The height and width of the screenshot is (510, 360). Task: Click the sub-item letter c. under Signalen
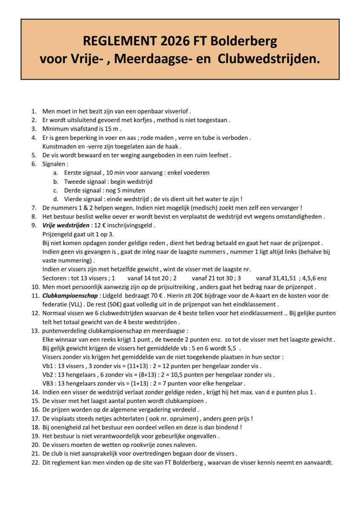[55, 190]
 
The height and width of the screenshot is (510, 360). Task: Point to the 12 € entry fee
[99, 225]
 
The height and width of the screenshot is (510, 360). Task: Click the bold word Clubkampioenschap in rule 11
[70, 296]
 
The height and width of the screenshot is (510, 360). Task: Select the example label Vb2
[48, 375]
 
